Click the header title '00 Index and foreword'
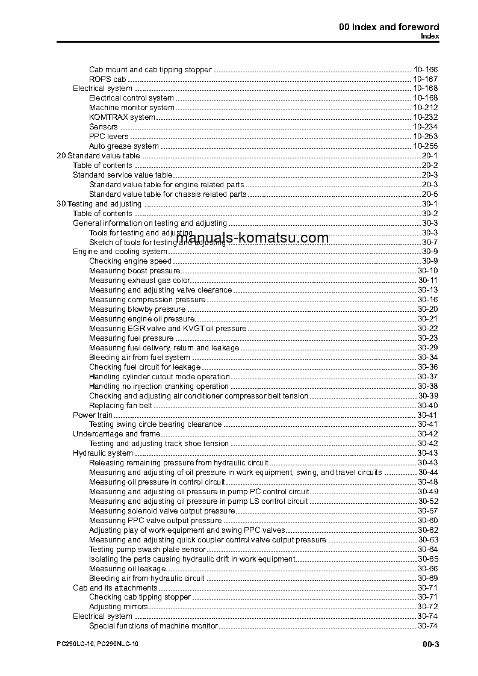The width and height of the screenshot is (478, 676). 389,27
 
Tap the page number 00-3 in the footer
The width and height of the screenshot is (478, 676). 430,645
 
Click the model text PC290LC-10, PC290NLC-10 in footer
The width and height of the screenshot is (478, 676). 97,644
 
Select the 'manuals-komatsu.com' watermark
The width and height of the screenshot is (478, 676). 253,238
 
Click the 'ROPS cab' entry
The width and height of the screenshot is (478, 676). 108,79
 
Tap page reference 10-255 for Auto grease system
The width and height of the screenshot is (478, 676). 425,146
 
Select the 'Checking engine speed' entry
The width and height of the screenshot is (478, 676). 130,261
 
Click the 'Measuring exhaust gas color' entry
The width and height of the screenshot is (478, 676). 140,281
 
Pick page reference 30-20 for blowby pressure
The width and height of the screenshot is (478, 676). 427,309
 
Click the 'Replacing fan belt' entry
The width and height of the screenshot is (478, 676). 120,406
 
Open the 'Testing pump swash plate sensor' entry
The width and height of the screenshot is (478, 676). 147,550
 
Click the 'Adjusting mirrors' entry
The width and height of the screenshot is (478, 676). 118,607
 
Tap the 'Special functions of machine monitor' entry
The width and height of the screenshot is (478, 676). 153,626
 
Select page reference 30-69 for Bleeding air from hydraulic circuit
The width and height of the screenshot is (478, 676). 427,578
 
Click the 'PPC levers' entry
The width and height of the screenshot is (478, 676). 108,137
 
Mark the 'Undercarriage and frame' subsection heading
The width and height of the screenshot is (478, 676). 116,434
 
